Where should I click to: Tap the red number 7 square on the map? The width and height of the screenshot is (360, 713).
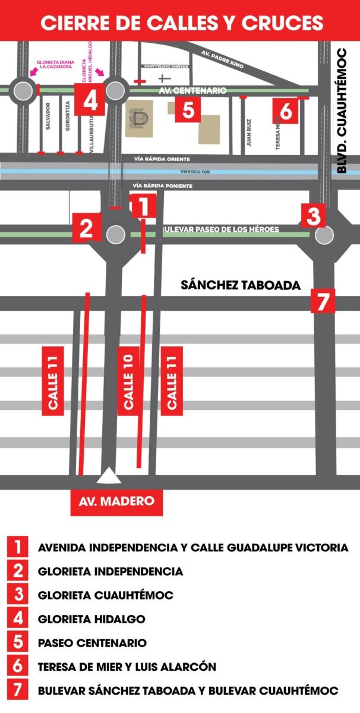323,301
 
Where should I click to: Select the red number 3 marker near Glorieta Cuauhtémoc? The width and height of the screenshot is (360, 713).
313,215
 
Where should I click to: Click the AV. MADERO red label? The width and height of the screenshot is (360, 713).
116,500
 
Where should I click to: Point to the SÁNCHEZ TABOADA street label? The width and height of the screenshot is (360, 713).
241,285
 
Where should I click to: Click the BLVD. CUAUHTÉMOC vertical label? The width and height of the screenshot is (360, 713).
342,110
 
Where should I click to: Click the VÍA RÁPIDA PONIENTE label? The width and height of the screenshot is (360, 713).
163,186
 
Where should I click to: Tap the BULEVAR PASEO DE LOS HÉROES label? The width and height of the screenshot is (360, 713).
220,229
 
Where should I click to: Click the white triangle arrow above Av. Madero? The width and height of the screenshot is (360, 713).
109,476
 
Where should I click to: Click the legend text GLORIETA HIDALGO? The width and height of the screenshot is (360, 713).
91,619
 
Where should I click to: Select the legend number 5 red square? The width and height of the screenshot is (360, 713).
18,642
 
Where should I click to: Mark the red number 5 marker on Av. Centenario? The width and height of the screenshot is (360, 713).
188,111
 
